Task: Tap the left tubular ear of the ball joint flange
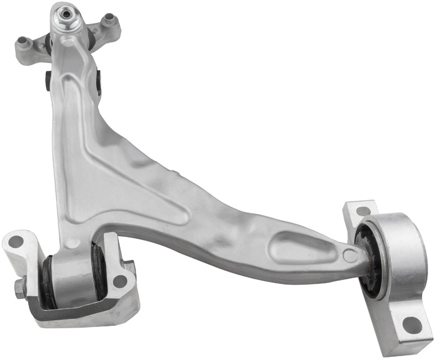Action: click(x=25, y=43)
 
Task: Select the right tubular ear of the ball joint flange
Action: click(x=110, y=21)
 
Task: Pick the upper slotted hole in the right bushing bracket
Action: click(x=364, y=211)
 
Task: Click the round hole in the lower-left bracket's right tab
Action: click(x=120, y=280)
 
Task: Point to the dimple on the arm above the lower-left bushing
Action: click(x=73, y=243)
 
